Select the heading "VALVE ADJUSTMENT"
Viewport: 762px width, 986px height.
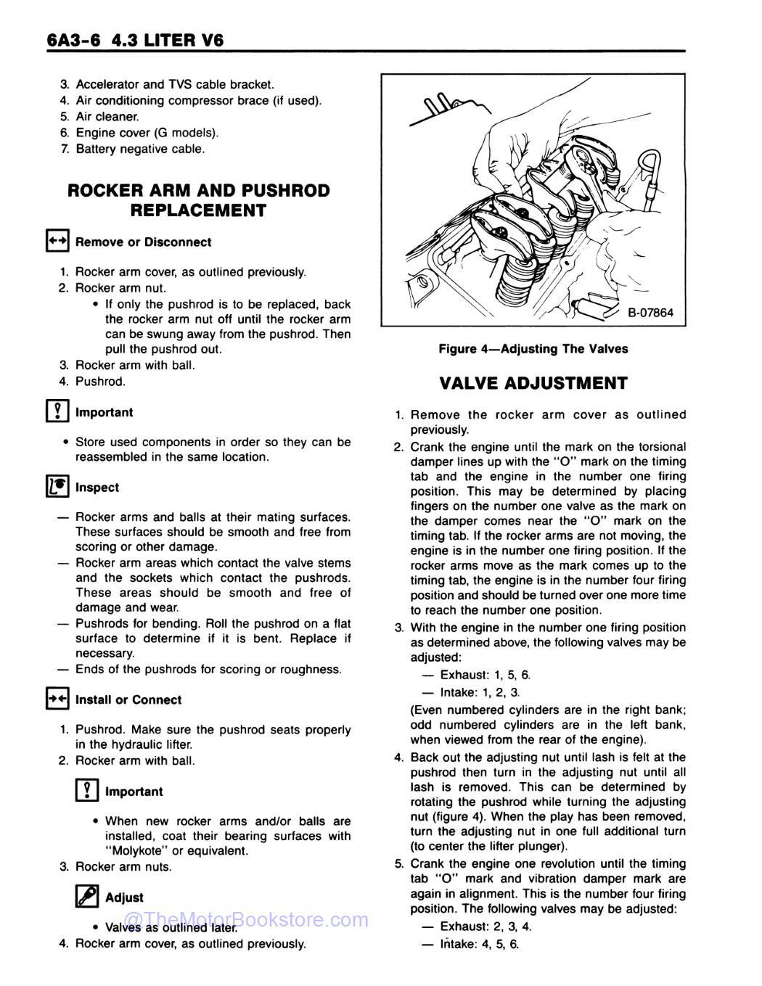pyautogui.click(x=533, y=383)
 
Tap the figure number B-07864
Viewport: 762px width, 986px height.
pyautogui.click(x=650, y=313)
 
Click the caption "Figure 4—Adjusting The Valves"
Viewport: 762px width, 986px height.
pyautogui.click(x=533, y=349)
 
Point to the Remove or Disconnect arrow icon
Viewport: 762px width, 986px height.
pyautogui.click(x=57, y=242)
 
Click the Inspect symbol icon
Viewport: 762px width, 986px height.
pyautogui.click(x=57, y=487)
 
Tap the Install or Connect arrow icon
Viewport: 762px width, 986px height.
pyautogui.click(x=57, y=699)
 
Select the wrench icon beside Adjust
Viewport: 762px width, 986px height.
pyautogui.click(x=86, y=897)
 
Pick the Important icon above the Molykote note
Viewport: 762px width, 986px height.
pyautogui.click(x=86, y=791)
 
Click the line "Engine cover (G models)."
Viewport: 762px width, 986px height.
pyautogui.click(x=147, y=133)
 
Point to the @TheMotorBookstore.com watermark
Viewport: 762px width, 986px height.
pyautogui.click(x=247, y=921)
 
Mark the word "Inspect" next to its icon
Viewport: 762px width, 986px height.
pyautogui.click(x=97, y=488)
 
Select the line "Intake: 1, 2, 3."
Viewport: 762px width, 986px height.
pyautogui.click(x=480, y=692)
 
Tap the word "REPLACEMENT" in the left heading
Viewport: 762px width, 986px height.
pyautogui.click(x=197, y=210)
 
